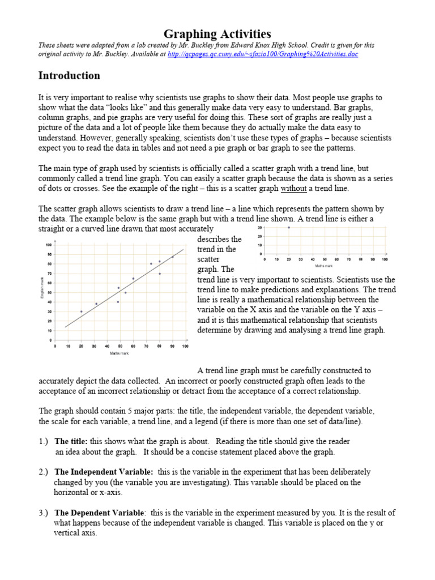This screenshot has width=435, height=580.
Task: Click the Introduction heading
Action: pyautogui.click(x=69, y=75)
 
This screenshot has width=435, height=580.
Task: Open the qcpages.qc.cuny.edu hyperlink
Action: pyautogui.click(x=263, y=54)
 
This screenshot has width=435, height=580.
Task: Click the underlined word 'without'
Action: pyautogui.click(x=293, y=188)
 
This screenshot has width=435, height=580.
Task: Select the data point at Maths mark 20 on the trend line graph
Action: pyautogui.click(x=81, y=311)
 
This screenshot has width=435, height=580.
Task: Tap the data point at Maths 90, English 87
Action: pyautogui.click(x=172, y=257)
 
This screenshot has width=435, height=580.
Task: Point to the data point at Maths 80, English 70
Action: pyautogui.click(x=160, y=274)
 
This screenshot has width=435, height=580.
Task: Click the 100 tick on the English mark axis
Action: pyautogui.click(x=48, y=245)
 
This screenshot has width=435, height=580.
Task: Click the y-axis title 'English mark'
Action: pyautogui.click(x=42, y=292)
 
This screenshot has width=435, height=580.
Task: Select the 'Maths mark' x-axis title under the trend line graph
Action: pyautogui.click(x=119, y=353)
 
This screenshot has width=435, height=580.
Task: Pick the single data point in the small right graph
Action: pyautogui.click(x=288, y=228)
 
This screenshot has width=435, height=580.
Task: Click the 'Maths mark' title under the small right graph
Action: pyautogui.click(x=324, y=265)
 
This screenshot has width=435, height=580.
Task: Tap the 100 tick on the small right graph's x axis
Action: pyautogui.click(x=385, y=259)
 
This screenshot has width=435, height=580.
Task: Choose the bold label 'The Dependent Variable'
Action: pyautogui.click(x=99, y=513)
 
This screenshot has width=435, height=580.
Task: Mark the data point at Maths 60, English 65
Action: pyautogui.click(x=133, y=278)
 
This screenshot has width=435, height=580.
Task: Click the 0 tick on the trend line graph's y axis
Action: pyautogui.click(x=51, y=340)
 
